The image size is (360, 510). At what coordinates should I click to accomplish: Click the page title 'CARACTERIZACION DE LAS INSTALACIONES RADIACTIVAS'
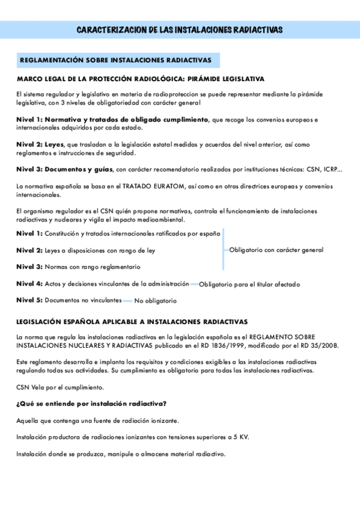[x=180, y=30]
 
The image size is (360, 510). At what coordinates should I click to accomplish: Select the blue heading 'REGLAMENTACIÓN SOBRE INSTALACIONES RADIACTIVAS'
[x=115, y=61]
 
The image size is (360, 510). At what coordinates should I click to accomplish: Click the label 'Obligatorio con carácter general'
[x=276, y=250]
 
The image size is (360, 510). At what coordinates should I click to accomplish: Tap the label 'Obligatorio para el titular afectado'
[x=249, y=284]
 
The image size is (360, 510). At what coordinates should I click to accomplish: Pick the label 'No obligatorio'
[x=155, y=301]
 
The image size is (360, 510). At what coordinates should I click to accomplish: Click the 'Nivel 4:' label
[x=29, y=283]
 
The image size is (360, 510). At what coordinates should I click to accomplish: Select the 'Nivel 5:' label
[x=29, y=300]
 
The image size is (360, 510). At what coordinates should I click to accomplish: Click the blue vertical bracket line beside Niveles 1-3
[x=223, y=250]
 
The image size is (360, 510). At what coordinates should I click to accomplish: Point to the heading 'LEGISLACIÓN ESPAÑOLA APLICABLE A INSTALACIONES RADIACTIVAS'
[x=132, y=322]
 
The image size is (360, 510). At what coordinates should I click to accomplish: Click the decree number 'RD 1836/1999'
[x=218, y=345]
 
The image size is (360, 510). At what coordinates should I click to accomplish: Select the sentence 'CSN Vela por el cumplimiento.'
[x=60, y=387]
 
